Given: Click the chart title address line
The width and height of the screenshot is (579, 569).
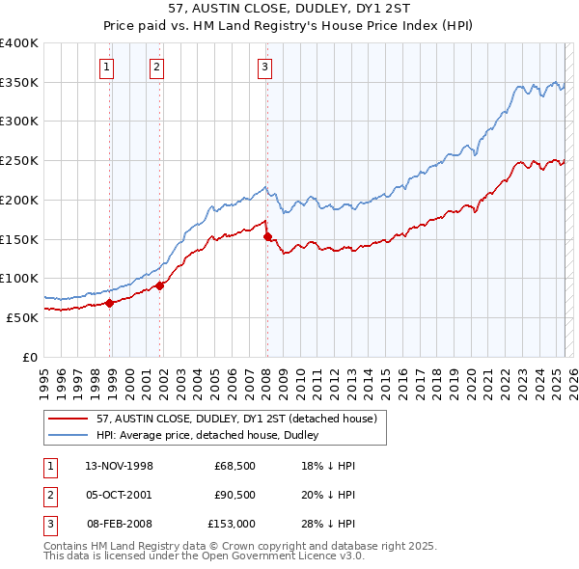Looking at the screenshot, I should [289, 11].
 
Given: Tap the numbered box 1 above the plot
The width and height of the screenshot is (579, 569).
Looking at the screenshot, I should [105, 68].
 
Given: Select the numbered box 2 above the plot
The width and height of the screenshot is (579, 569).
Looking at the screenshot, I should [155, 68].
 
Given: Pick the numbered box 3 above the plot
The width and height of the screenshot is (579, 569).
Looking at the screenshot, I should [263, 68].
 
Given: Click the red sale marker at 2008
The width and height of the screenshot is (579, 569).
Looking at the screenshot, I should [266, 236].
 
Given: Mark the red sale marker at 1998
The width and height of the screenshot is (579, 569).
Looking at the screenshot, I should [110, 302].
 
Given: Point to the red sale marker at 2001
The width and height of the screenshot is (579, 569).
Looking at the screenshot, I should [159, 284].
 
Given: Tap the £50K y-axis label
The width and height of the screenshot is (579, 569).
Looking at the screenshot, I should [23, 316].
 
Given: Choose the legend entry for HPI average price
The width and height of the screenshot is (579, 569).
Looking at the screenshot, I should [213, 435].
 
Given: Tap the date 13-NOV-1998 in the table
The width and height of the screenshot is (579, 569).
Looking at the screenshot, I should [120, 466].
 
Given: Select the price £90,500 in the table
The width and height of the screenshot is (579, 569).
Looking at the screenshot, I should [234, 495].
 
